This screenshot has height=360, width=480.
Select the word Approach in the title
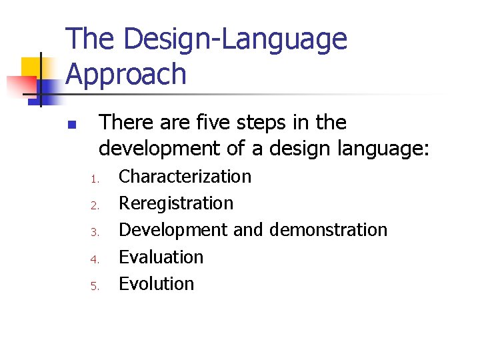pos(127,75)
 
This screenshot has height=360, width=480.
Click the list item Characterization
pos(185,177)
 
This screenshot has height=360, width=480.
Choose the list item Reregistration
pos(176,203)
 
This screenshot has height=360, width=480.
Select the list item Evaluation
pos(161,257)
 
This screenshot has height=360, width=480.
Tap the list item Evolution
pos(156,283)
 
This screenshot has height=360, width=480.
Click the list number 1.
pos(95,179)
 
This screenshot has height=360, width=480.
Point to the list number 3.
pos(95,232)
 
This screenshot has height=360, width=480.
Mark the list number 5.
pos(95,285)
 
